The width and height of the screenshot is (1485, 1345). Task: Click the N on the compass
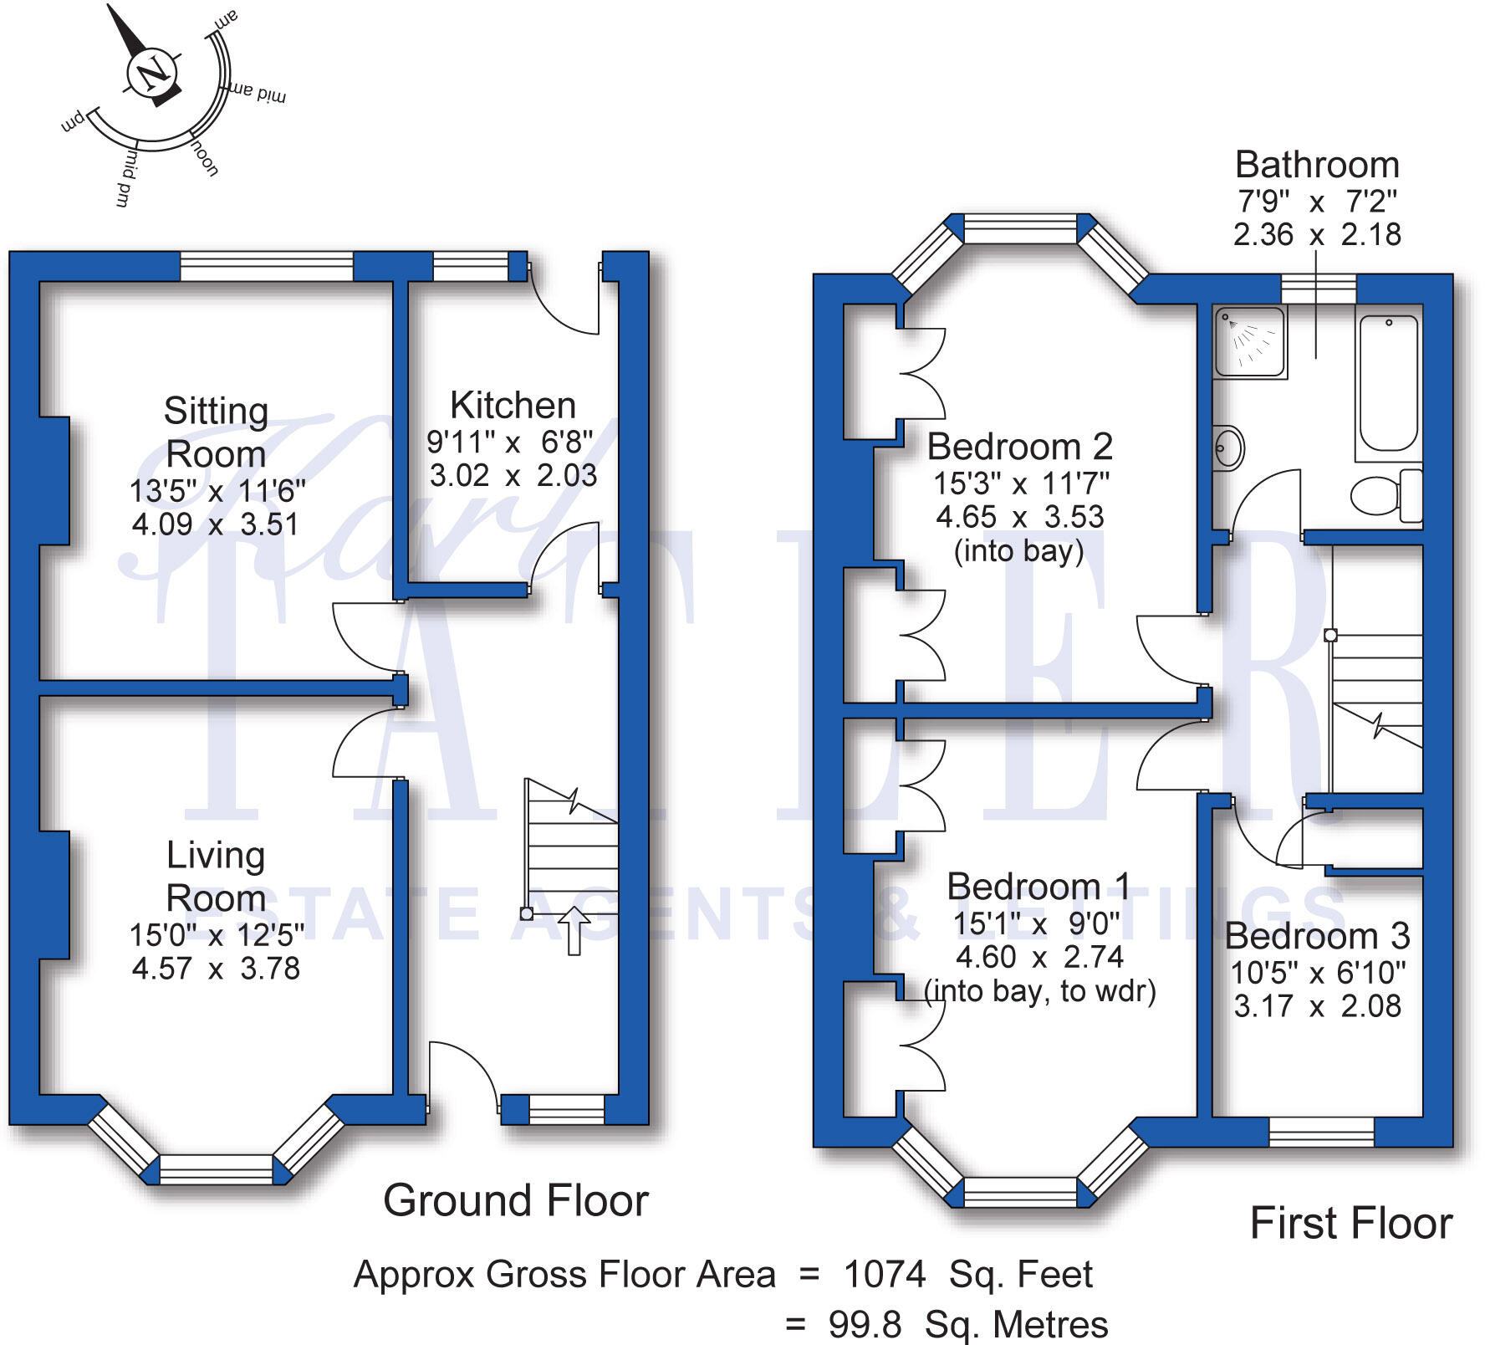pos(151,74)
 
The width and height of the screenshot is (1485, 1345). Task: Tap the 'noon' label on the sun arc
pos(205,158)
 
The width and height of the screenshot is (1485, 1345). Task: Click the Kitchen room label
pos(513,406)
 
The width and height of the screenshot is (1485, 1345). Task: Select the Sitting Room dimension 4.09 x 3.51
pos(215,524)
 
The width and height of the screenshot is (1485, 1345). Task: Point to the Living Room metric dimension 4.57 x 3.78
pos(216,969)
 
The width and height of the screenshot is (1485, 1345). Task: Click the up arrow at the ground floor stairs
pos(574,930)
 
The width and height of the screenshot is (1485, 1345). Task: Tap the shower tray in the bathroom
pos(1250,341)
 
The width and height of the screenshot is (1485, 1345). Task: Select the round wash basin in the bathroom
pos(1227,448)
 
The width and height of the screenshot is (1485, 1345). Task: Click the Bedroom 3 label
pos(1317,936)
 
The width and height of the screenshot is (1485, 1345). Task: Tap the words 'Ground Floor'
pos(515,1201)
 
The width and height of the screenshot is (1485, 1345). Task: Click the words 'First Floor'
pos(1350,1224)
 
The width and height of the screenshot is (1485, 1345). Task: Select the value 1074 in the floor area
pos(885,1275)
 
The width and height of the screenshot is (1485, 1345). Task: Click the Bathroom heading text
pos(1317,165)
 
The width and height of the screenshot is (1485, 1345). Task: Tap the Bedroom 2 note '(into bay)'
pos(1018,550)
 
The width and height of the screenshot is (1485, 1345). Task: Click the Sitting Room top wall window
pos(267,268)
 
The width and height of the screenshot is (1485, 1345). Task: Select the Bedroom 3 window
pos(1321,1132)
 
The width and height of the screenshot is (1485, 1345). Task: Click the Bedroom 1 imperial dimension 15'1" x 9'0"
pos(1037,923)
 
